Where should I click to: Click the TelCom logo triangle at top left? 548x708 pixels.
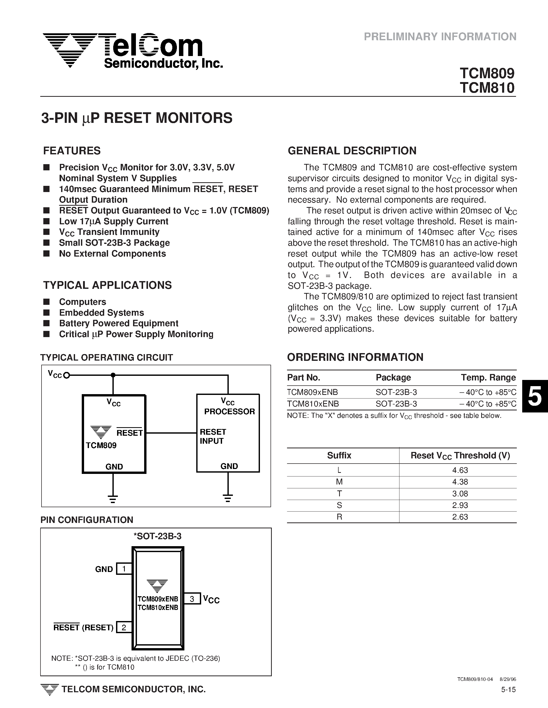tap(70, 49)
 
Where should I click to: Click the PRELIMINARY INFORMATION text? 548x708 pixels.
tap(440, 37)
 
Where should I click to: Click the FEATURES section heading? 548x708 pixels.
tap(72, 151)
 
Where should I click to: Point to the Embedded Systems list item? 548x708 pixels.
tap(101, 313)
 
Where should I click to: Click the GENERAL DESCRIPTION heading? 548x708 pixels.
tap(352, 151)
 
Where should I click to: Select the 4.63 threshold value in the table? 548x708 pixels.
tap(460, 470)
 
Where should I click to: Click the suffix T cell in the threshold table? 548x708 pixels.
tap(339, 494)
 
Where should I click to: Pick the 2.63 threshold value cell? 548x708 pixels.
tap(460, 517)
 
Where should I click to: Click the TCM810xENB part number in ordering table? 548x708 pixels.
tap(313, 404)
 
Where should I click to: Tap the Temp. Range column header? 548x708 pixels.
tap(488, 377)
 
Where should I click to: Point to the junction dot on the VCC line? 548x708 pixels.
tap(113, 375)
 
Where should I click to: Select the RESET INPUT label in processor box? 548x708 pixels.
tap(213, 436)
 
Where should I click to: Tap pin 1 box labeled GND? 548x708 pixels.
tap(124, 569)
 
